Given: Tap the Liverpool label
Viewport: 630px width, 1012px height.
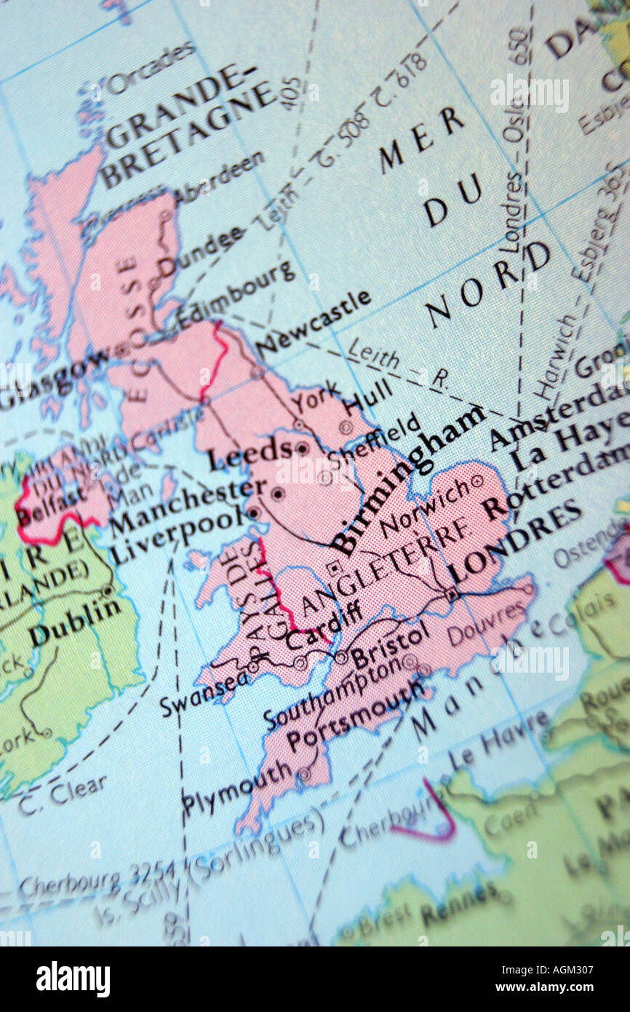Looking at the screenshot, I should [178, 534].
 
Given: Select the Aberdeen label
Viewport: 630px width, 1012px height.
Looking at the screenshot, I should [219, 179].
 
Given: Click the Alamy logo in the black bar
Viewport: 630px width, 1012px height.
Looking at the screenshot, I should [73, 979].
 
